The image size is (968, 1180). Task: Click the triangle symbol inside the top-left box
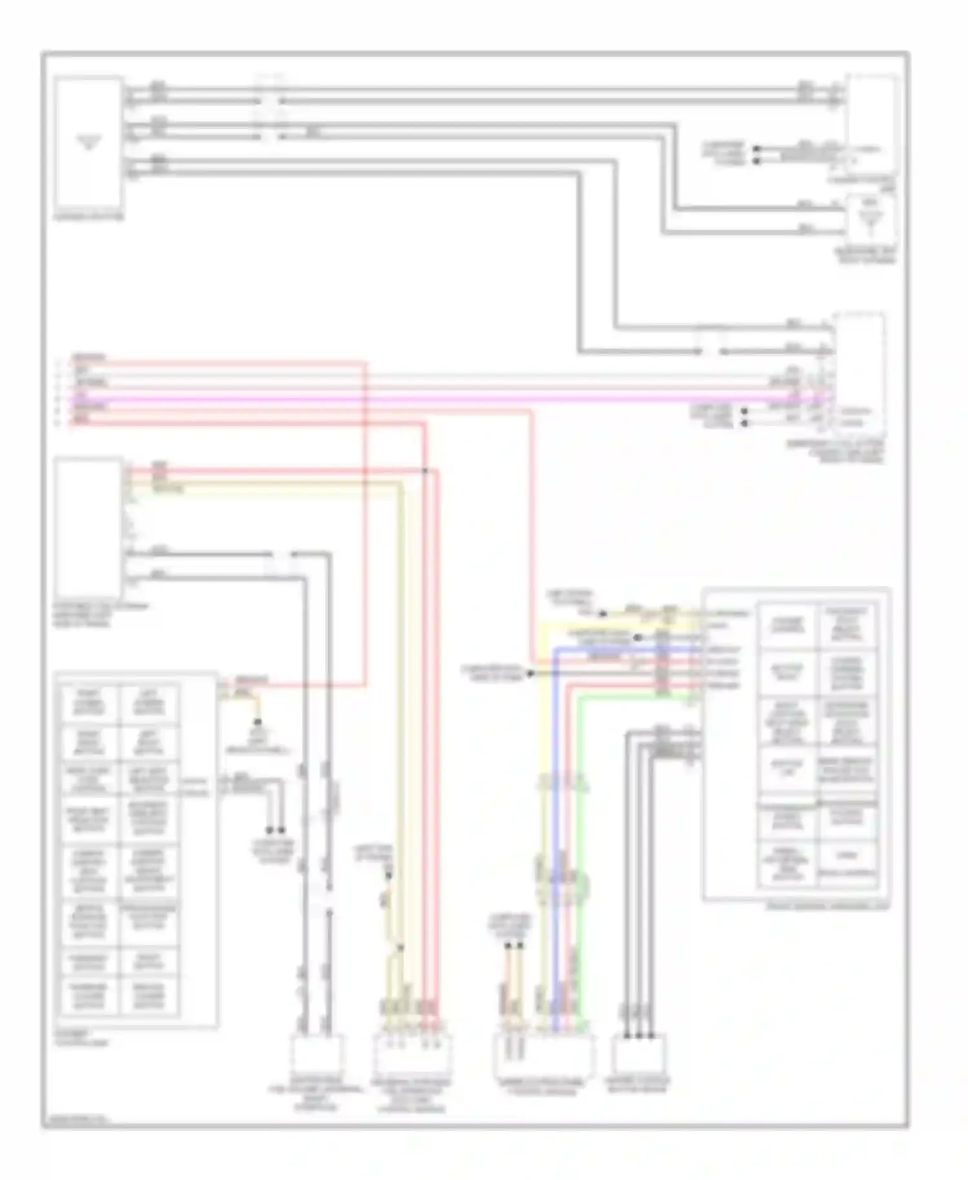[x=88, y=141]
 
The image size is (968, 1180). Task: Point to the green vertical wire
[x=580, y=839]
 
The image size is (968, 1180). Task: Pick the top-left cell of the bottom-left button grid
[x=90, y=704]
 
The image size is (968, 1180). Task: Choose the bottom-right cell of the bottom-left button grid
[x=150, y=997]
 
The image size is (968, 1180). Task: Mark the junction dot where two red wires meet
[x=425, y=470]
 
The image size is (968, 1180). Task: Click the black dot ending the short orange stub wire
[x=259, y=721]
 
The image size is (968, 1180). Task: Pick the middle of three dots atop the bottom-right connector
[x=638, y=1035]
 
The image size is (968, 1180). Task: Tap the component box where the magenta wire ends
[x=858, y=374]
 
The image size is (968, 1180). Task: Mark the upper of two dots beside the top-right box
[x=757, y=148]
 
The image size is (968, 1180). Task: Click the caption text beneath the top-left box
[x=88, y=218]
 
